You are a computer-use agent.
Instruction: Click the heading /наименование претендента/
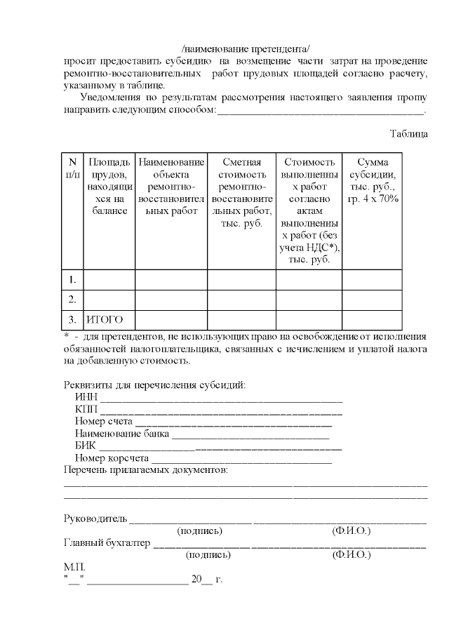pos(246,48)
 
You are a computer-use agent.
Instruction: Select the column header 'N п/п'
pos(72,168)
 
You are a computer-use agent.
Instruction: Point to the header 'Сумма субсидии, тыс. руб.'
pos(377,180)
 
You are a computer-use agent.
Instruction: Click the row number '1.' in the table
pos(72,280)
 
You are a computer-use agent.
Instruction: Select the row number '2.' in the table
pos(72,300)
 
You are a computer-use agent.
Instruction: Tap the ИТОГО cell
pos(105,320)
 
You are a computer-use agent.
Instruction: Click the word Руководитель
pos(95,519)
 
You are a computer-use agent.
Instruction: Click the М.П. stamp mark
pos(74,567)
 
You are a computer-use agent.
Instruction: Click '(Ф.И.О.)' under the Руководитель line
pos(351,531)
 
